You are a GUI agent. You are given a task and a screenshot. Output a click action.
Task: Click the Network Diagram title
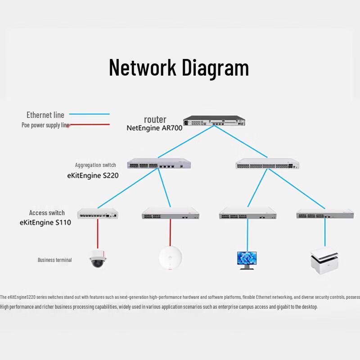(179, 68)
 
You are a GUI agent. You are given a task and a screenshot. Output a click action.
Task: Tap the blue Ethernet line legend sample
(89, 114)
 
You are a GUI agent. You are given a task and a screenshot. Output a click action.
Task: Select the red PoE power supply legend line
(89, 125)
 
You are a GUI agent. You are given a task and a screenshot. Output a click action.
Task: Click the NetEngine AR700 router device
(214, 121)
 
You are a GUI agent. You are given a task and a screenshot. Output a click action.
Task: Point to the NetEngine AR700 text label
(154, 128)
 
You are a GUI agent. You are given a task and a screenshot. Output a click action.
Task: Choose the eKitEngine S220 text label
(93, 175)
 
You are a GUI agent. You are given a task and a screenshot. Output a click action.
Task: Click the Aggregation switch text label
(95, 165)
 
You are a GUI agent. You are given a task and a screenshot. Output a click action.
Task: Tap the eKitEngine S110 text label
(45, 222)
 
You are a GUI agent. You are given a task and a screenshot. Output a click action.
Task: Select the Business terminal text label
(54, 260)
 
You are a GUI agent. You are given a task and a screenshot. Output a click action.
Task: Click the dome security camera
(98, 258)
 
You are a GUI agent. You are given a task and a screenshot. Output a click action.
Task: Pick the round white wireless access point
(171, 257)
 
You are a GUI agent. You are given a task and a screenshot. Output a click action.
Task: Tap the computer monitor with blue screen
(247, 261)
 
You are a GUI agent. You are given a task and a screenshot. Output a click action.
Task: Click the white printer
(324, 261)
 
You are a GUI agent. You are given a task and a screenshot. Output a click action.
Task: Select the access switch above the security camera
(98, 213)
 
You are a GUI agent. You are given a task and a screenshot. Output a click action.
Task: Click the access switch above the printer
(325, 214)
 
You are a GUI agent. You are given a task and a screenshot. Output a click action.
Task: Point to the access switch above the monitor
(248, 213)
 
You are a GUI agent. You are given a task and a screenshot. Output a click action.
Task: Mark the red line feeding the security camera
(98, 234)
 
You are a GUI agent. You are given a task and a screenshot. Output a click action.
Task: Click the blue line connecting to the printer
(325, 232)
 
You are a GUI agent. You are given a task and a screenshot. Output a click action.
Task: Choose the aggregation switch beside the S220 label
(159, 163)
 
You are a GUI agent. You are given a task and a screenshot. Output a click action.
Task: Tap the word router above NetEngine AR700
(155, 119)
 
